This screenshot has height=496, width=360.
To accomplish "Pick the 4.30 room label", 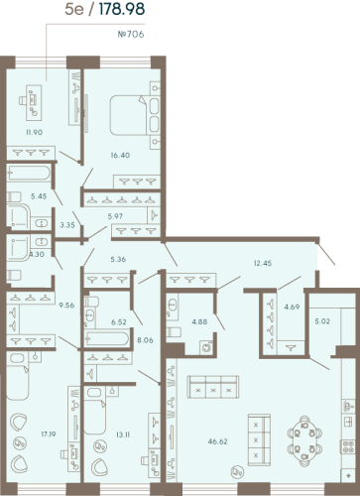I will coord(37,255).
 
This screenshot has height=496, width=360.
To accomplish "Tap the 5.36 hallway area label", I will coord(117,260).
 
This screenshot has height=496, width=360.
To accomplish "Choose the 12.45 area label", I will coord(261,262).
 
